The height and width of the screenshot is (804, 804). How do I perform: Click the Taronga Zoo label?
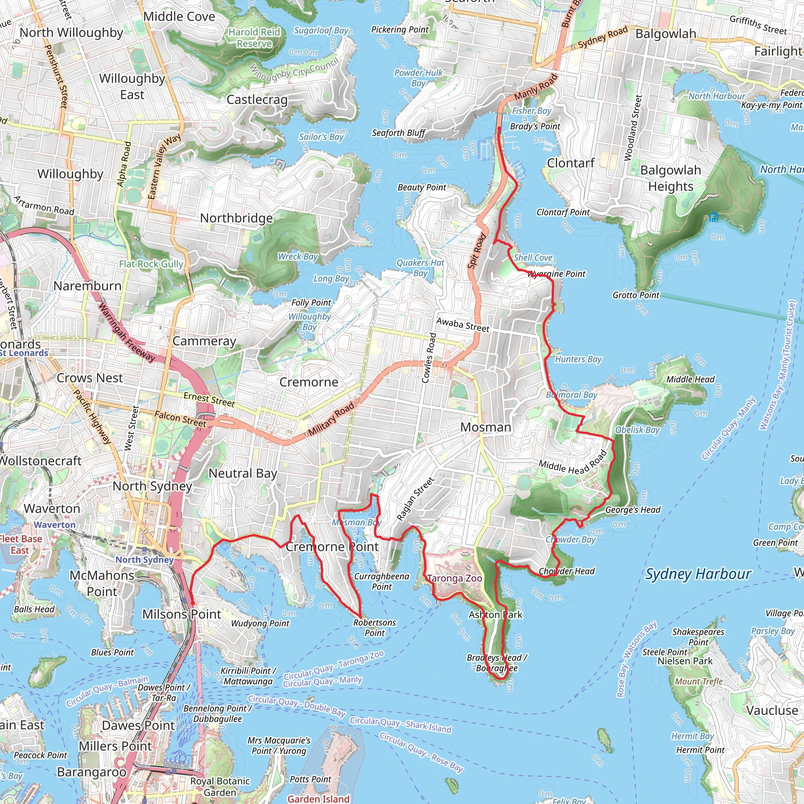point(455,578)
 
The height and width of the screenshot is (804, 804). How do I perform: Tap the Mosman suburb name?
point(486,428)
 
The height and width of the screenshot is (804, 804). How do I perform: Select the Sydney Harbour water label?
point(698,574)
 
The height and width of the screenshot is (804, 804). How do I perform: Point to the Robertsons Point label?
point(375,628)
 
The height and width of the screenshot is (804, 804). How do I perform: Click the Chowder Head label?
point(566,571)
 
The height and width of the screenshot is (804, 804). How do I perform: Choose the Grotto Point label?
point(636,295)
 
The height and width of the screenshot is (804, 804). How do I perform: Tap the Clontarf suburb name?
point(570,163)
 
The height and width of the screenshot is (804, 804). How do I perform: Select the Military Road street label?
point(331,418)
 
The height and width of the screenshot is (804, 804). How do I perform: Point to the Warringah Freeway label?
point(126,332)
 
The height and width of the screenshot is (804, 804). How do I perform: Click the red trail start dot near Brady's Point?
point(499,129)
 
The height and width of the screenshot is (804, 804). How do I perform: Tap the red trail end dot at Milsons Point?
point(192,603)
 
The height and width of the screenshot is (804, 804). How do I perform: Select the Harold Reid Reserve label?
point(254,38)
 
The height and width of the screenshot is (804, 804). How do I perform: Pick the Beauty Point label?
point(421,187)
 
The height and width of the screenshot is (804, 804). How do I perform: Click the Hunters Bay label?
point(578,359)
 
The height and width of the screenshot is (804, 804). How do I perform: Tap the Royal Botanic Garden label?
point(220,786)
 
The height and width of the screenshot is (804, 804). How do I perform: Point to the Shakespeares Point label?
point(698,637)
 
